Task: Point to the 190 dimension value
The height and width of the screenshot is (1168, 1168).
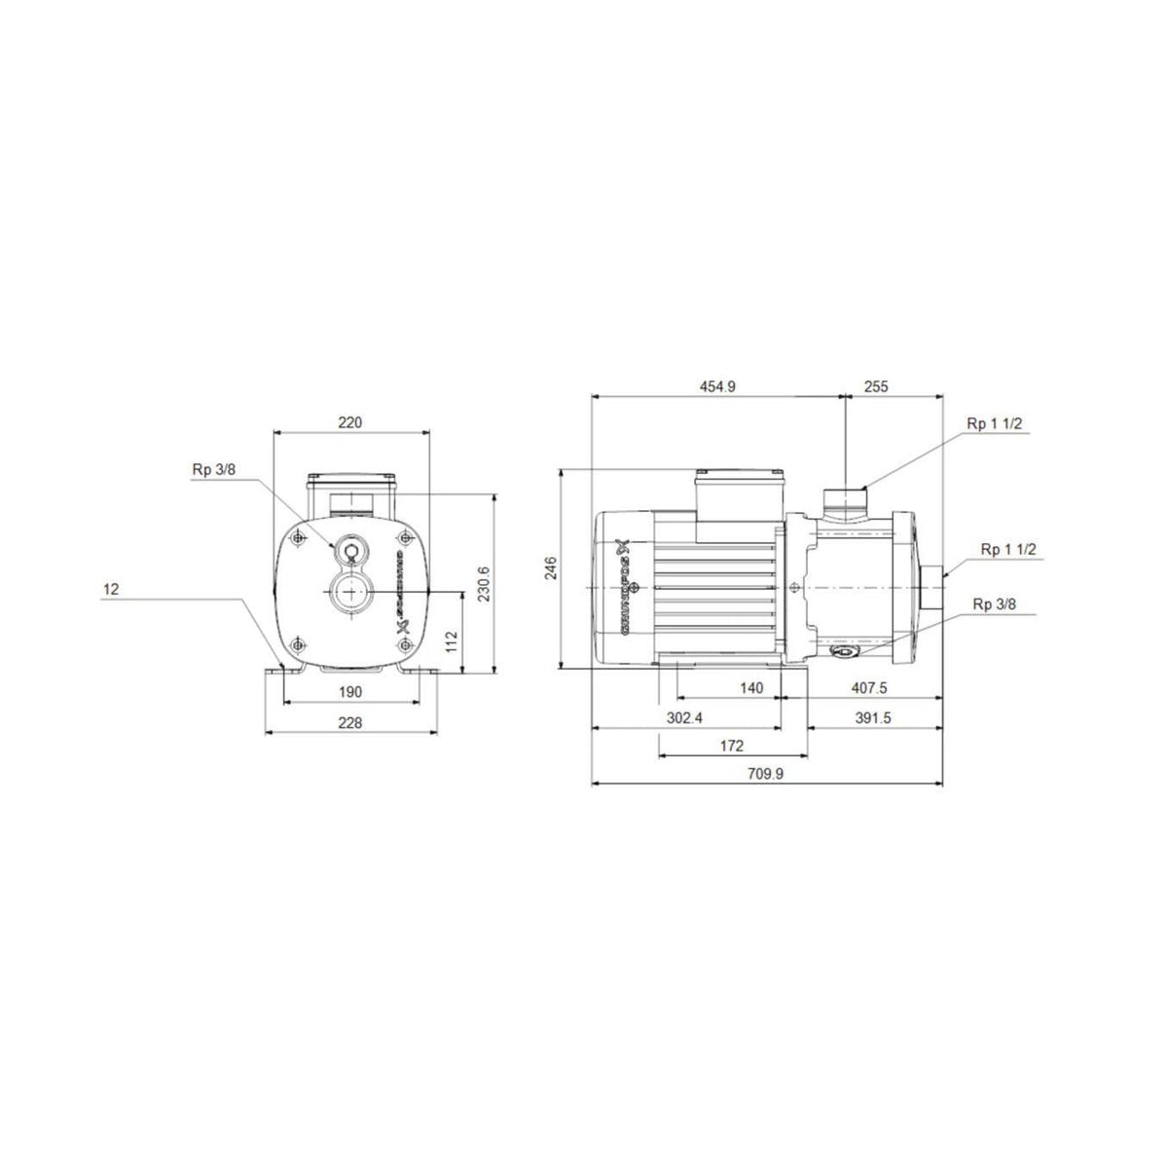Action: tap(350, 691)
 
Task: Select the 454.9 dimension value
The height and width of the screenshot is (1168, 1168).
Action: tap(717, 386)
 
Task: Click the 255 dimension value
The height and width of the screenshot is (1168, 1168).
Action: tap(876, 386)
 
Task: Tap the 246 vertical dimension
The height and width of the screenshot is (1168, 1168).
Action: tap(550, 568)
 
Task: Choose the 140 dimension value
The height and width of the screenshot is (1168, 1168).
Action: tap(751, 688)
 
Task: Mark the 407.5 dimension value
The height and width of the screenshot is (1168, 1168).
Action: tap(869, 688)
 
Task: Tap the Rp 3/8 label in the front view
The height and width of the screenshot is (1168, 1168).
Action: tap(214, 469)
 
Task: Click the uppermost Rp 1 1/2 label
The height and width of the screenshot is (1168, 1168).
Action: tap(994, 423)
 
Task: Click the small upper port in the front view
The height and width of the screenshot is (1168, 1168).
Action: tap(349, 552)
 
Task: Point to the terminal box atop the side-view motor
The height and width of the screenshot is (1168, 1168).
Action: tap(739, 501)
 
